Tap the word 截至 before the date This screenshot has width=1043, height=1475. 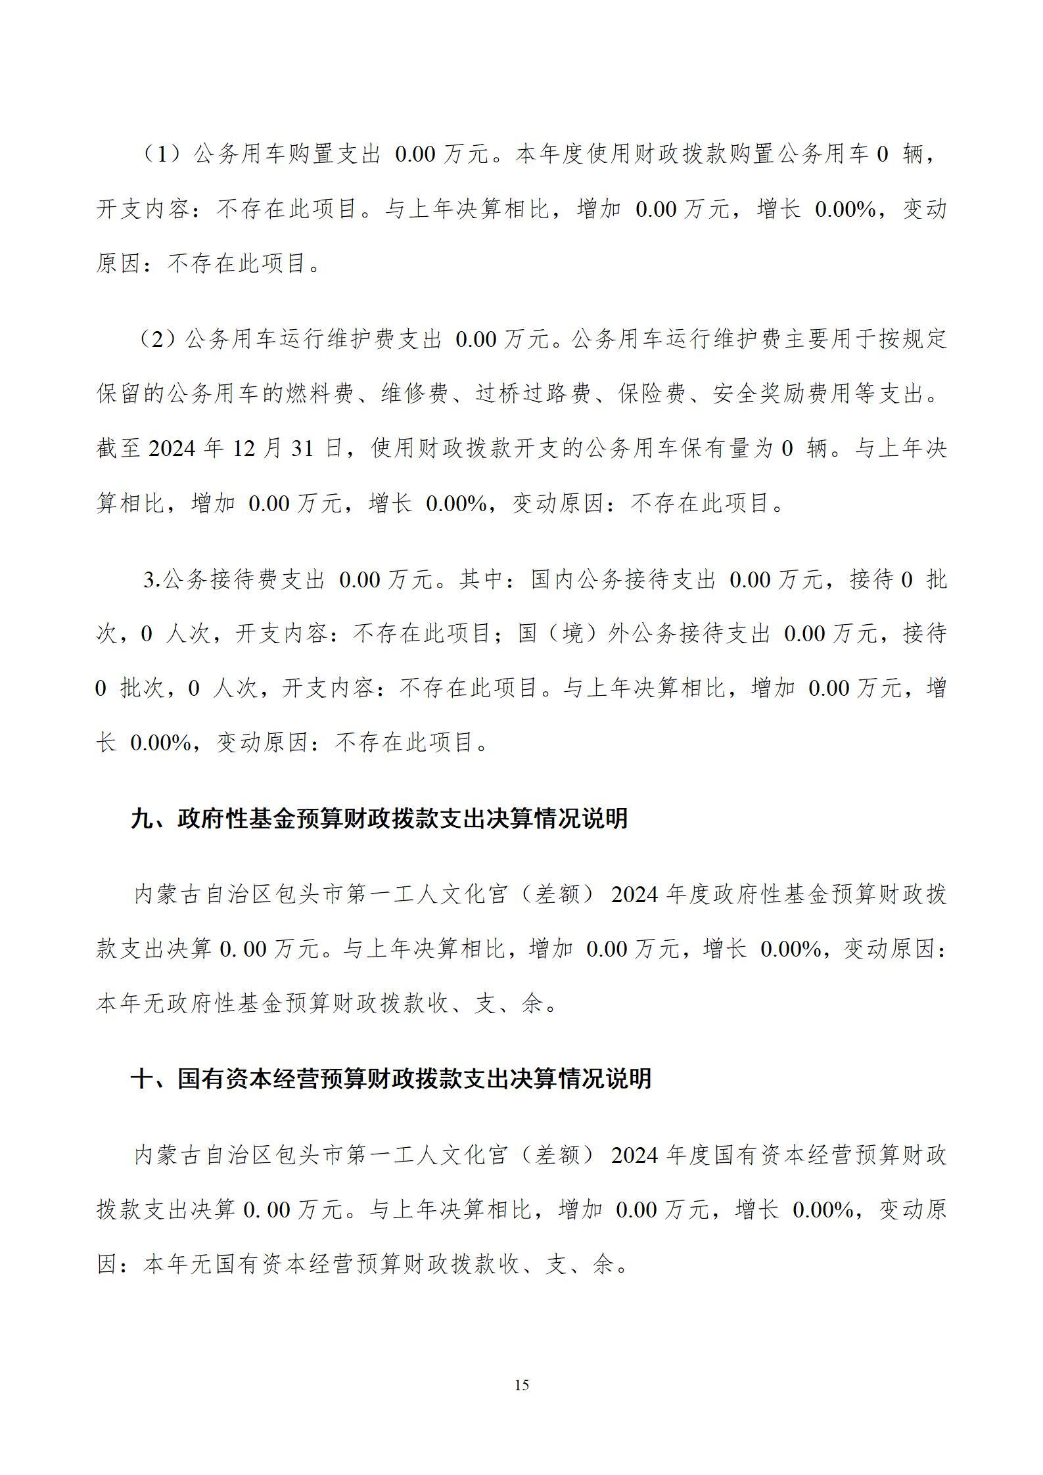pos(120,449)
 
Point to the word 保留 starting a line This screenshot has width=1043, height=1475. pos(120,394)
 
